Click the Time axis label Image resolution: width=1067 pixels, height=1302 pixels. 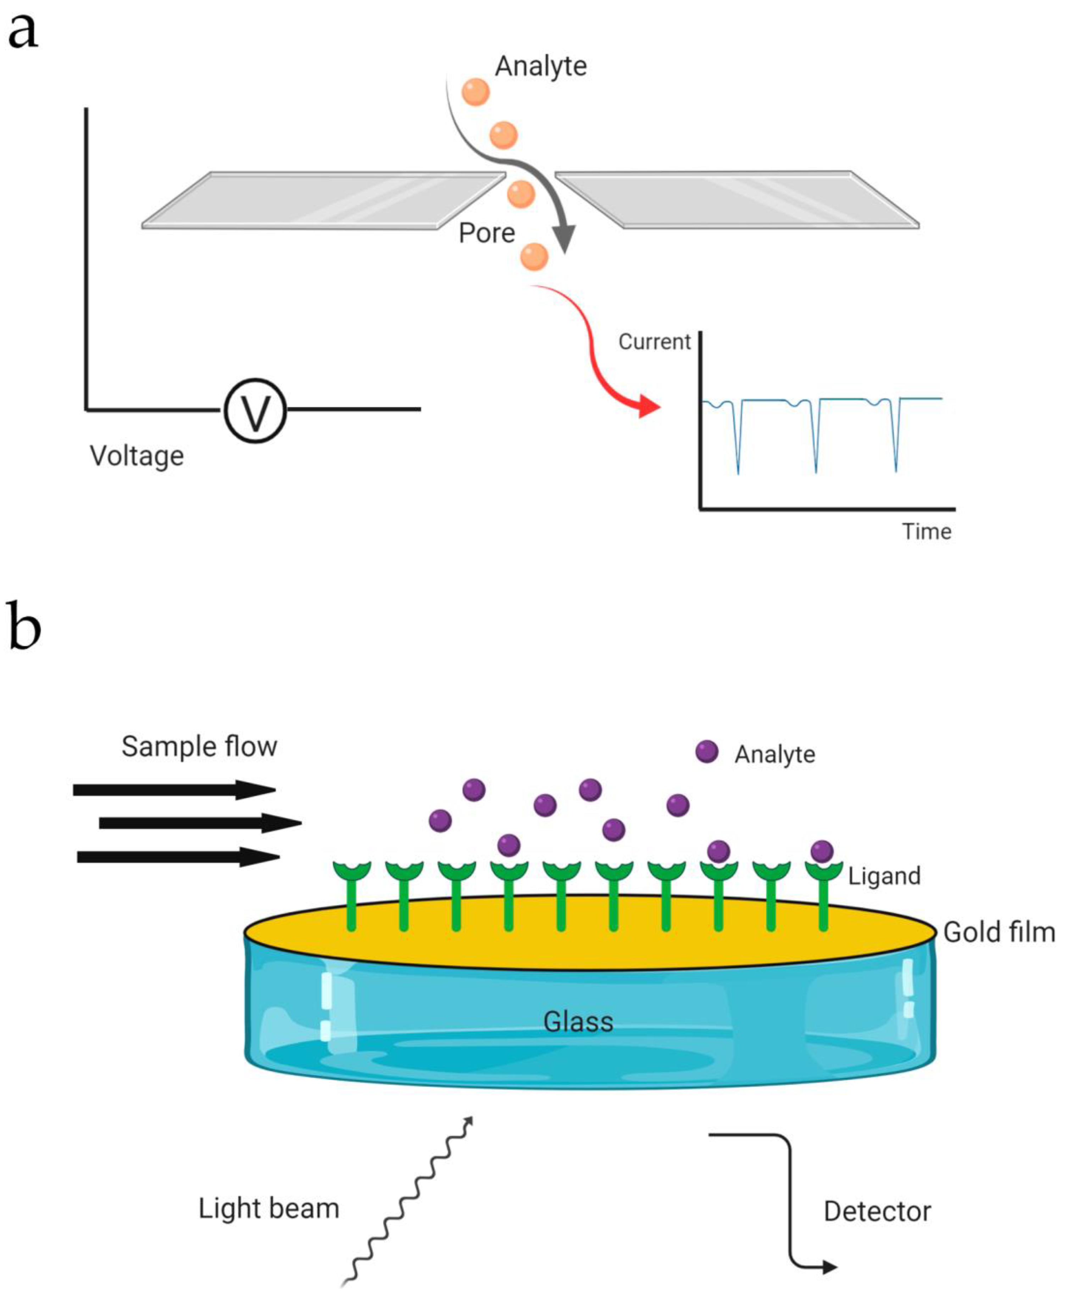click(x=926, y=532)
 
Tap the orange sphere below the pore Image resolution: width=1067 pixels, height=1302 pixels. click(x=533, y=256)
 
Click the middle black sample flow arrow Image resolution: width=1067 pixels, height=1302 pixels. click(x=200, y=822)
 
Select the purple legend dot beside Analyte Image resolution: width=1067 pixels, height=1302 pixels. click(x=706, y=751)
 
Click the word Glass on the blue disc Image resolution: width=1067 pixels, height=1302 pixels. click(x=578, y=1022)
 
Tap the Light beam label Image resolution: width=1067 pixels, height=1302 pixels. click(x=268, y=1209)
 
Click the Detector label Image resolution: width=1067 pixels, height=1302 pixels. click(x=877, y=1212)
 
